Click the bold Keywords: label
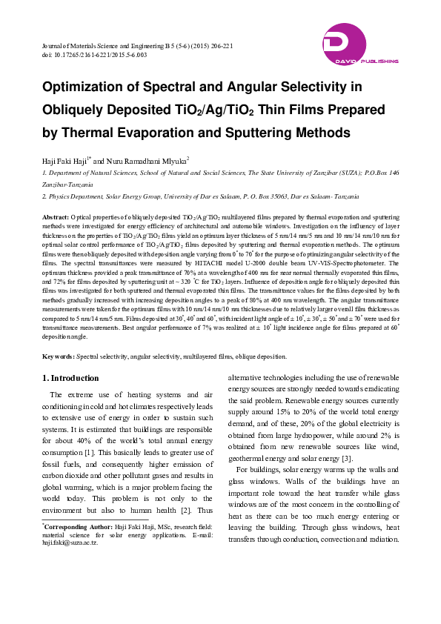point(59,356)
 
